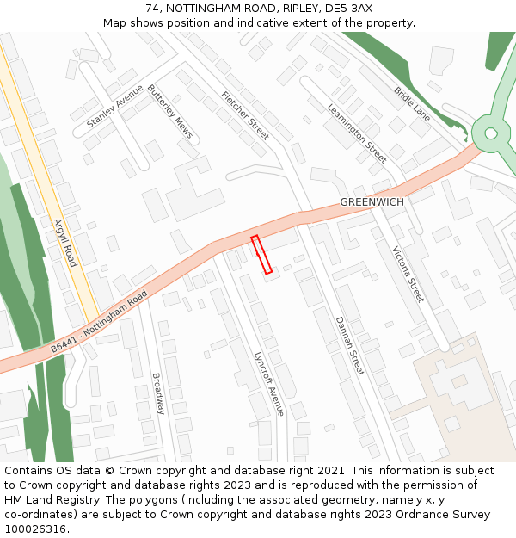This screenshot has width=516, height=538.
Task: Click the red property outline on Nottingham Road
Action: pos(261,255)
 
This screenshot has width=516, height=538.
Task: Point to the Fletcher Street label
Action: pos(245,115)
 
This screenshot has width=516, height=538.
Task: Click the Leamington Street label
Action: pos(357,133)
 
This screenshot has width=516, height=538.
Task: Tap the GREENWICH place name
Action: pos(372,201)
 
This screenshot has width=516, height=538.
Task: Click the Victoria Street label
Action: pos(408,275)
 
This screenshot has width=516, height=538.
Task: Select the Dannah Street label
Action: pos(349,345)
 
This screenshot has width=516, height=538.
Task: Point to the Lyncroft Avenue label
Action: pos(269,384)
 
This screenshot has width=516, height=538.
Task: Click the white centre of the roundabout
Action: pos(491,133)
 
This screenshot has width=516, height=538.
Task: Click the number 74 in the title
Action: pos(152,8)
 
